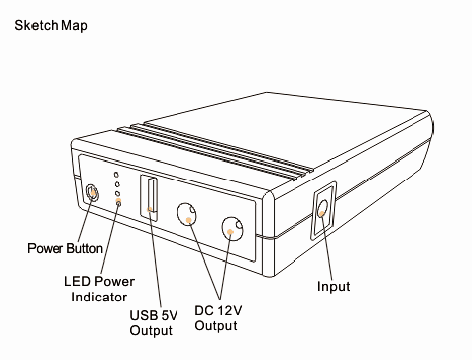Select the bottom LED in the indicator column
(118, 202)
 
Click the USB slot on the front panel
(151, 195)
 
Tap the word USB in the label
(142, 316)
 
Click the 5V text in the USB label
(168, 316)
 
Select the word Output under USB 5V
(152, 331)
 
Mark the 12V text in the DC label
(229, 309)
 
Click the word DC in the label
(204, 309)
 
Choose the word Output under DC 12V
(216, 325)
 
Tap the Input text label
(334, 287)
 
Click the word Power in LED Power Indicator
(115, 281)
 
